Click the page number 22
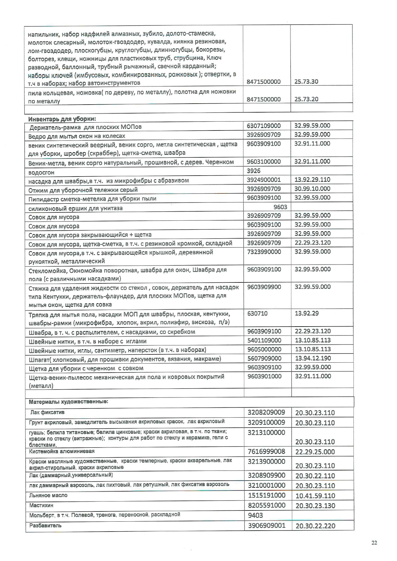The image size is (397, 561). tap(374, 542)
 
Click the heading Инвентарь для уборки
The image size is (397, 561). tap(62, 119)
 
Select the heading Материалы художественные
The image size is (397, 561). tap(69, 401)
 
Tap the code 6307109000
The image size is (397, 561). tap(264, 126)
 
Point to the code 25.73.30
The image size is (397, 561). tap(306, 82)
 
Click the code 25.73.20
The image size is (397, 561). tap(306, 99)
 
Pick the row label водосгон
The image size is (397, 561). tap(41, 172)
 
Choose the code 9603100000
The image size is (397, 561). tap(264, 162)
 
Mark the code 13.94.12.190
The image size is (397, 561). tap(313, 358)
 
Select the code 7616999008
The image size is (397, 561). tap(266, 452)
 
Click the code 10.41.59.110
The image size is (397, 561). tap(315, 496)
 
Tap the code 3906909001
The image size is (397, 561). tap(266, 525)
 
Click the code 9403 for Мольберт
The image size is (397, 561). tap(255, 515)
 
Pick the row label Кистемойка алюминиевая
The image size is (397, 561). tap(62, 451)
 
